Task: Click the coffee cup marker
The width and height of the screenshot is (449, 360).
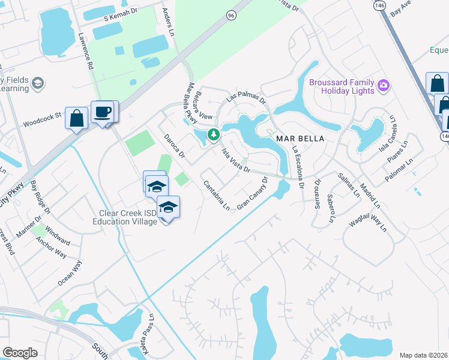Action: point(103,112)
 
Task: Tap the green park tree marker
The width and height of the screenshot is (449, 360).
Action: point(213,134)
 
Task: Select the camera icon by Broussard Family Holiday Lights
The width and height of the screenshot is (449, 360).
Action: point(384,86)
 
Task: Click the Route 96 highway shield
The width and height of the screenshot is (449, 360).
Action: point(231,16)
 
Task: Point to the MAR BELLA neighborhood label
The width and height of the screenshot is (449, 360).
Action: point(300,139)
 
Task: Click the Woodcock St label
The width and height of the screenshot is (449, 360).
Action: point(43,114)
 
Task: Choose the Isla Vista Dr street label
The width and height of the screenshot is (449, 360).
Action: point(237,161)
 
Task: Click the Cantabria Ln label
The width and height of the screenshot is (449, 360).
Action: point(217,195)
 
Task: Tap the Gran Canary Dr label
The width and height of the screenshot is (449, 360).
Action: point(252,194)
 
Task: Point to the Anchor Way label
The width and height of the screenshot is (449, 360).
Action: point(51,247)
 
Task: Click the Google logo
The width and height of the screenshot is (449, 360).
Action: point(20,353)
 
